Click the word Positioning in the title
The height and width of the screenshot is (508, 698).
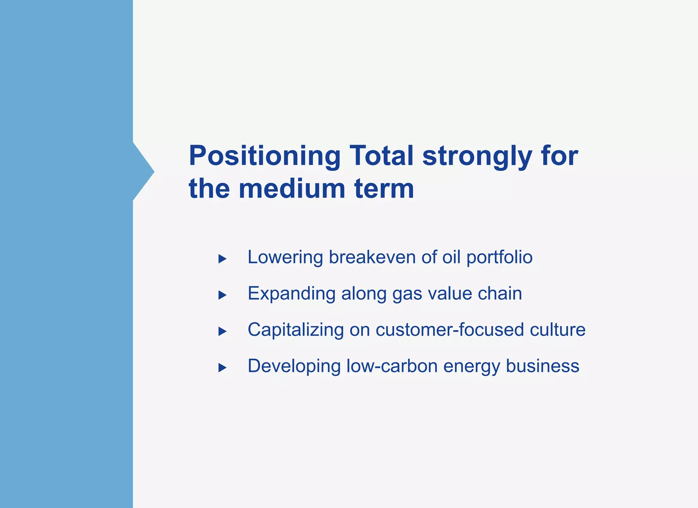click(264, 157)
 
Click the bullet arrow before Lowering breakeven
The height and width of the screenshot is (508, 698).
click(222, 259)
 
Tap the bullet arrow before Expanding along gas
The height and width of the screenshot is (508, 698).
click(222, 295)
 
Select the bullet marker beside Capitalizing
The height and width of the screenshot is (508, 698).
click(222, 331)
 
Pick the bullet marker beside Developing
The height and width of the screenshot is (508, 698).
click(222, 367)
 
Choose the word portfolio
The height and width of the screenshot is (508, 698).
click(499, 258)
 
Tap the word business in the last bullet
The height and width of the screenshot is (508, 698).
click(543, 366)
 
